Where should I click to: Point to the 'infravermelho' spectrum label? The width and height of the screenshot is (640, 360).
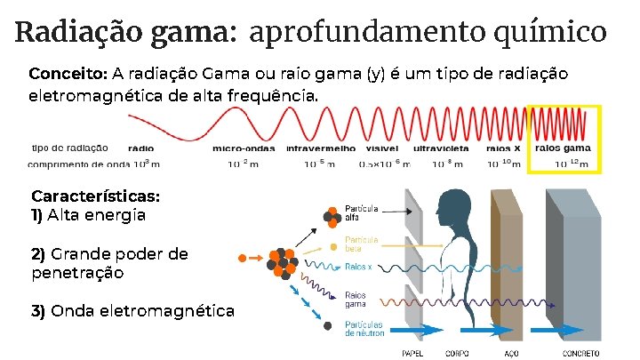(316, 148)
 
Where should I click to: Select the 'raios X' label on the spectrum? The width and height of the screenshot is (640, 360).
(504, 148)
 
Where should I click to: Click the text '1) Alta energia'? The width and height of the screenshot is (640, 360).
(88, 215)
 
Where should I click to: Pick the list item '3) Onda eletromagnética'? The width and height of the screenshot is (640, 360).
(132, 310)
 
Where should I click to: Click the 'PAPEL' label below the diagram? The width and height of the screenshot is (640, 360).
(413, 352)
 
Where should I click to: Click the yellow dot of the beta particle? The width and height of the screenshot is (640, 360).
(332, 244)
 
